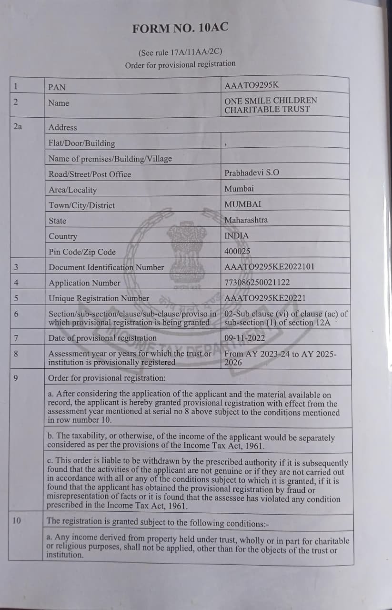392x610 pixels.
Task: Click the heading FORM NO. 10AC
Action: [181, 28]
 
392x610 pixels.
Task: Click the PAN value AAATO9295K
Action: [251, 85]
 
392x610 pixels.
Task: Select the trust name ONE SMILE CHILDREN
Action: [271, 101]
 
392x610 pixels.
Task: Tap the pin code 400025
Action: [237, 251]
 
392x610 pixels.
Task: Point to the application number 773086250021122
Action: [257, 283]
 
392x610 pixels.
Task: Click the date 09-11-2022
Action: [245, 338]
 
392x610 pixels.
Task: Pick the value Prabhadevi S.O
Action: [252, 173]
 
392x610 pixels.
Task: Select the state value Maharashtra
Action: [246, 220]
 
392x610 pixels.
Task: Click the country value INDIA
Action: [236, 235]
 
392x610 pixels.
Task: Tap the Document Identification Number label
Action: [106, 267]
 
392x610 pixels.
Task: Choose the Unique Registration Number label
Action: [99, 298]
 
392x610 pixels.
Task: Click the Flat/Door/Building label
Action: [82, 143]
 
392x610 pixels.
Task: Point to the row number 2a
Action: [18, 127]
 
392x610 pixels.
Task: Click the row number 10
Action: [17, 520]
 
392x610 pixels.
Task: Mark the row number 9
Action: [16, 377]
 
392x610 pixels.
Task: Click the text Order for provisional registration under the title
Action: [180, 64]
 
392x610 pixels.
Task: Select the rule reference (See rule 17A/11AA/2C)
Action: [180, 52]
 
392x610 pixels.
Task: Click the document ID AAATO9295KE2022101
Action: [269, 266]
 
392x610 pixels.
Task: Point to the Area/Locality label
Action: [72, 190]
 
